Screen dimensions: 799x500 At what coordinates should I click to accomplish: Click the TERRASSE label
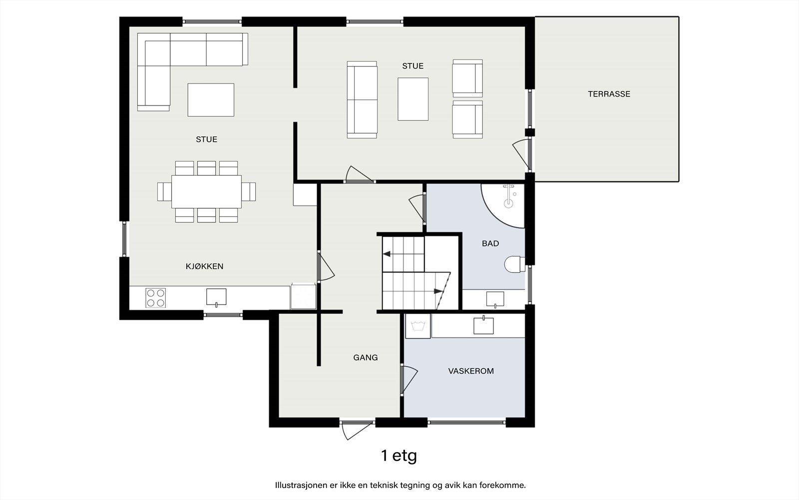coord(609,94)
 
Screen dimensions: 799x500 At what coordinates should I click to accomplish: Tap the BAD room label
coord(490,243)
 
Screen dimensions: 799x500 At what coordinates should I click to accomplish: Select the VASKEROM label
coord(471,371)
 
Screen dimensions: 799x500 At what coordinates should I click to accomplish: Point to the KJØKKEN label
coord(204,266)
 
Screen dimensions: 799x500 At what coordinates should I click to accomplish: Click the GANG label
coord(365,357)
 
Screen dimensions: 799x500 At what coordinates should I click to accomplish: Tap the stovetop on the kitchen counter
coord(155,298)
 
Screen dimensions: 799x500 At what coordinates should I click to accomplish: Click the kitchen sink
coord(216,297)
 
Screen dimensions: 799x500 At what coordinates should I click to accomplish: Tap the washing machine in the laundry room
coord(418,326)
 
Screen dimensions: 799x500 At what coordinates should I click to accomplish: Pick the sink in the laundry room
coord(483,325)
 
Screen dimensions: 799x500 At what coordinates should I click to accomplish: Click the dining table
coord(207,191)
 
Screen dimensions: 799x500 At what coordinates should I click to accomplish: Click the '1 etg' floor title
coord(399,455)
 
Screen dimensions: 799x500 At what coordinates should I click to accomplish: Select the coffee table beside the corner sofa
coord(211,100)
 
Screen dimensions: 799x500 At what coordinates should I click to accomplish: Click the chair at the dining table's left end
coord(164,192)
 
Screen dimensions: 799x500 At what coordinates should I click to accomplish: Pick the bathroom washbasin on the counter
coord(495,299)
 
